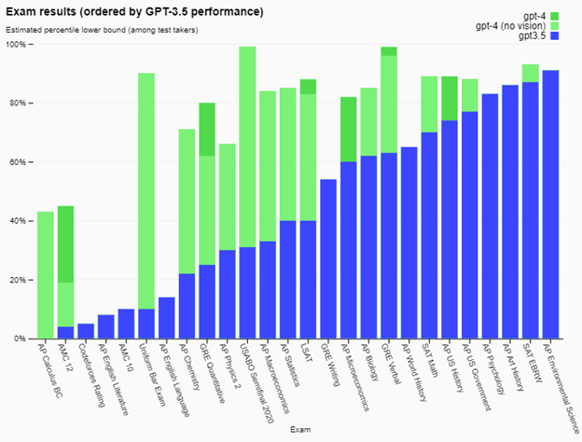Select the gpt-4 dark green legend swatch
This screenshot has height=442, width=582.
[x=554, y=15]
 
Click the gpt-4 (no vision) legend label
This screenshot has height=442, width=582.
[x=510, y=25]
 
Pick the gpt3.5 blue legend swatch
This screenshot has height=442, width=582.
[x=554, y=35]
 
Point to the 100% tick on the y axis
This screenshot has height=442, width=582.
[x=20, y=45]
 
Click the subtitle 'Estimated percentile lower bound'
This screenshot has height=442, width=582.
[x=108, y=30]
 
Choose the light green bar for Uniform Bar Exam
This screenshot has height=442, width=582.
[x=146, y=186]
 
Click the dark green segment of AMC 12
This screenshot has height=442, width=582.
[x=65, y=243]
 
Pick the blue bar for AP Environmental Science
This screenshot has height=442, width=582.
[x=550, y=204]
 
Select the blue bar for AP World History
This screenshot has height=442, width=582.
[x=408, y=242]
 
